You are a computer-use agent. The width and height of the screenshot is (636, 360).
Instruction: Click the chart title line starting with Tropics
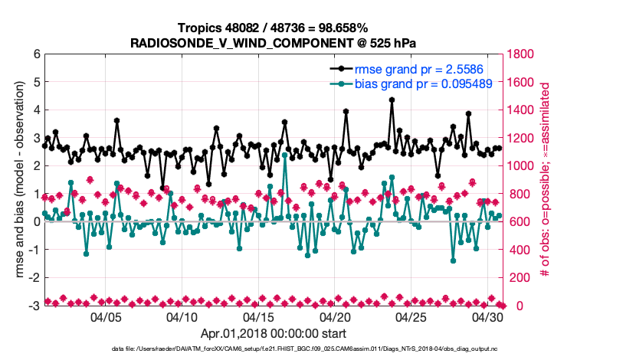click(274, 28)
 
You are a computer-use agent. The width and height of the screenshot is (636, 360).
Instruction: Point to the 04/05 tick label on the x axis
click(107, 317)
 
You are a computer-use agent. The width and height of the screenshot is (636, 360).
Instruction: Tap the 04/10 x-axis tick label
click(182, 317)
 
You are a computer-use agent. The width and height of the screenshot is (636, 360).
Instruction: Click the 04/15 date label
click(258, 317)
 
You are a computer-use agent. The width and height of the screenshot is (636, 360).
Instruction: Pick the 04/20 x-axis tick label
click(335, 317)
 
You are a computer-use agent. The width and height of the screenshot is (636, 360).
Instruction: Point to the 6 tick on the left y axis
click(36, 54)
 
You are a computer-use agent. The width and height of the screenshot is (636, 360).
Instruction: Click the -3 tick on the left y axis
click(34, 306)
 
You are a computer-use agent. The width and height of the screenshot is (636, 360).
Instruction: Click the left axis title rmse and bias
click(16, 179)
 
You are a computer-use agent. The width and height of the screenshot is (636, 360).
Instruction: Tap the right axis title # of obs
click(546, 179)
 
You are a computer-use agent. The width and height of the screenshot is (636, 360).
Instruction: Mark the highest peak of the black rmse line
click(392, 100)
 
